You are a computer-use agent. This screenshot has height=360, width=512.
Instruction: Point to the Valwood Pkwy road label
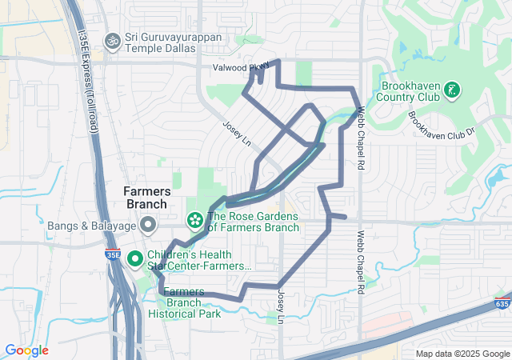pos(241,69)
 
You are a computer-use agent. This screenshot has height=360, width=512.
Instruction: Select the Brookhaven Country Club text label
pos(411,90)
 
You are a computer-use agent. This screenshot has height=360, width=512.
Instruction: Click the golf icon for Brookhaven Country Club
pos(452,90)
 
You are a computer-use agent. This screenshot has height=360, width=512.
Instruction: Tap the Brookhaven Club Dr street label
pos(442,125)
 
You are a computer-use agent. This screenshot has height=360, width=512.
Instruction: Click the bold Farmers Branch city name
pos(146,198)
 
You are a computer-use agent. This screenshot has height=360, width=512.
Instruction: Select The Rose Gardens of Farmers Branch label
pos(253,222)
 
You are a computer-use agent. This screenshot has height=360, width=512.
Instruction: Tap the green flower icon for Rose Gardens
pos(194,219)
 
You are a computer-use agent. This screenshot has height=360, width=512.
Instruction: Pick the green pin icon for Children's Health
pos(135,258)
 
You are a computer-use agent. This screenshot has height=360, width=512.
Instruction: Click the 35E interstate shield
pos(114,255)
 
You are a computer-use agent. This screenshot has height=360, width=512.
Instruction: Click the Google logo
pos(26,350)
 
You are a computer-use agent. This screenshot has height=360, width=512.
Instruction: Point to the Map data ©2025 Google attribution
pos(462,354)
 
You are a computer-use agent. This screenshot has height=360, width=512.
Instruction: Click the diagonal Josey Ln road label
pos(237,132)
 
